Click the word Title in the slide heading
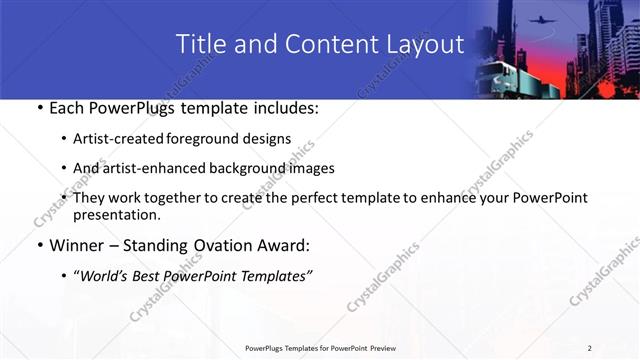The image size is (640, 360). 198,44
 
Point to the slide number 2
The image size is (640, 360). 590,348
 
